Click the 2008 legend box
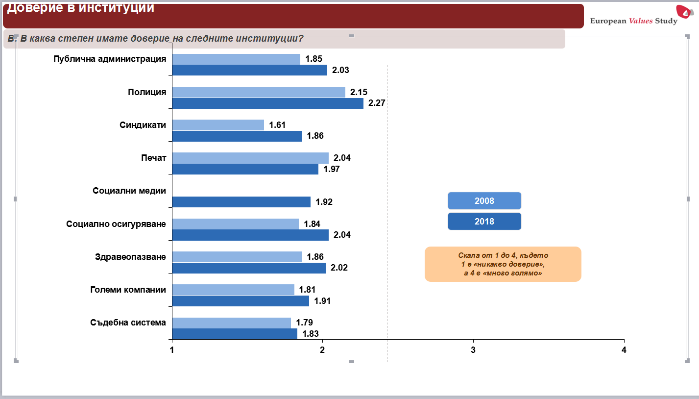point(484,201)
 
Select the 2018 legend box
point(484,222)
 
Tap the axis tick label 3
point(473,350)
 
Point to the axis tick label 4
point(624,350)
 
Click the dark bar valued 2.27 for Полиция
point(267,103)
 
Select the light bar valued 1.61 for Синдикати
point(218,125)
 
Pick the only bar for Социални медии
point(241,202)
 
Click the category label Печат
point(153,158)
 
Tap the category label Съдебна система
point(128,323)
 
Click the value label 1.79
point(304,323)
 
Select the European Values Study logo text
point(633,21)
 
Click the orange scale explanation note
point(503,264)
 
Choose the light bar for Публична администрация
point(236,59)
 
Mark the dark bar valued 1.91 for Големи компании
point(241,301)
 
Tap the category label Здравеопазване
point(130,257)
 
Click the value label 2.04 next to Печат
point(342,158)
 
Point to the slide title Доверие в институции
point(81,8)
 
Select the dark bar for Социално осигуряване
point(250,235)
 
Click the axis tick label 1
point(172,350)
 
